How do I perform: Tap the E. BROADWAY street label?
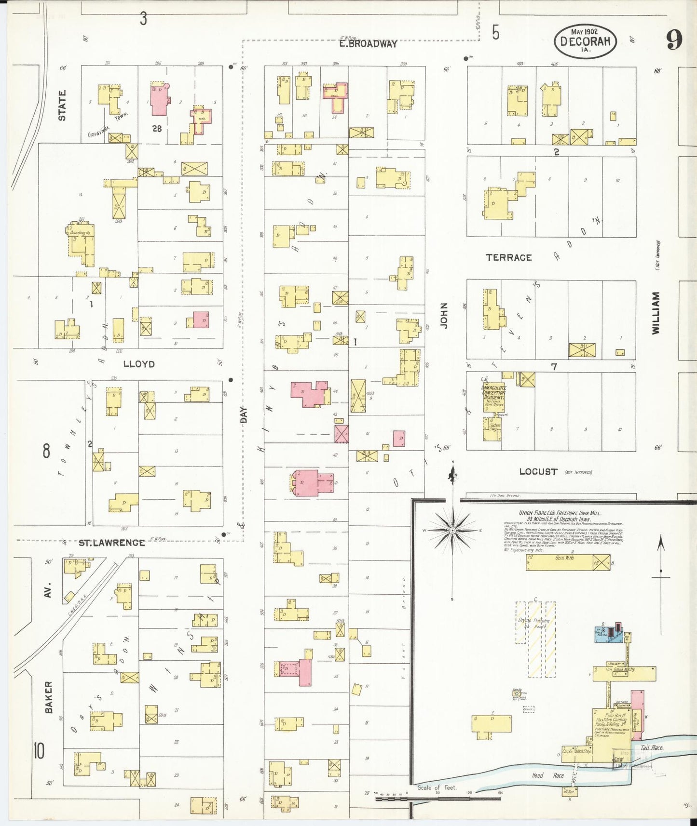(x=368, y=44)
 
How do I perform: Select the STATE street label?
(x=62, y=106)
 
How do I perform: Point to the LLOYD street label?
(x=139, y=364)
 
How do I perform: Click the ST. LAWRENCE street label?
(x=111, y=543)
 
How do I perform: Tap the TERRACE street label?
(x=508, y=257)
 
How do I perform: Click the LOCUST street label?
(x=538, y=471)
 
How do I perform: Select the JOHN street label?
(x=444, y=316)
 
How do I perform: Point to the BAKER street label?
(x=48, y=697)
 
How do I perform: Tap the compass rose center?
(x=452, y=531)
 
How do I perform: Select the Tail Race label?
(x=651, y=747)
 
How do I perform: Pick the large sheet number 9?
(x=674, y=40)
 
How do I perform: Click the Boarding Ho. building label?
(x=80, y=232)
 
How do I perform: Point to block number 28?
(x=157, y=129)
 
